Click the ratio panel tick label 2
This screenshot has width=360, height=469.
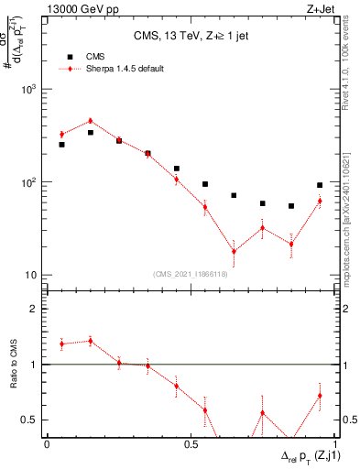[35, 309]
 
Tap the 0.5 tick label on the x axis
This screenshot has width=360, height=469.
[190, 444]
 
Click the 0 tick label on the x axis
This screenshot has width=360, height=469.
[47, 444]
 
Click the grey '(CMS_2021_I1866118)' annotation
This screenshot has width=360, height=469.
[191, 273]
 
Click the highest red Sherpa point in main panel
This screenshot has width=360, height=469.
[90, 121]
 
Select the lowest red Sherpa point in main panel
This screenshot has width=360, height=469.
[234, 251]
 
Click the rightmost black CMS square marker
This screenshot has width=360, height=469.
[320, 185]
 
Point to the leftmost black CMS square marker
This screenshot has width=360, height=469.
[61, 145]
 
